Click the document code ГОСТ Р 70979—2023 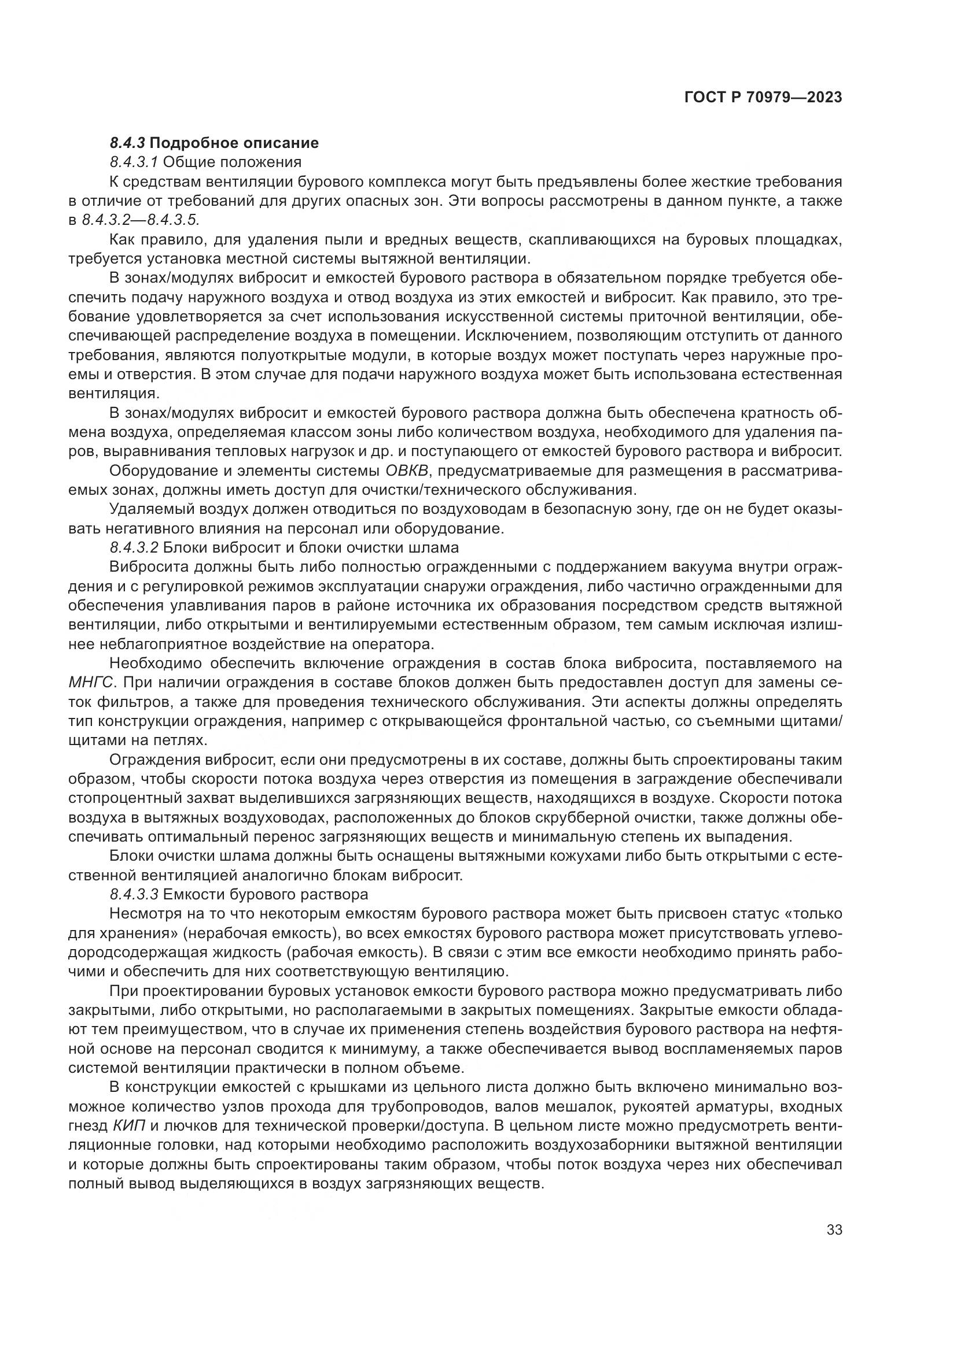click(763, 98)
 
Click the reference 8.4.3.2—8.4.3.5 click(141, 220)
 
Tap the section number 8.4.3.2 click(134, 547)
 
